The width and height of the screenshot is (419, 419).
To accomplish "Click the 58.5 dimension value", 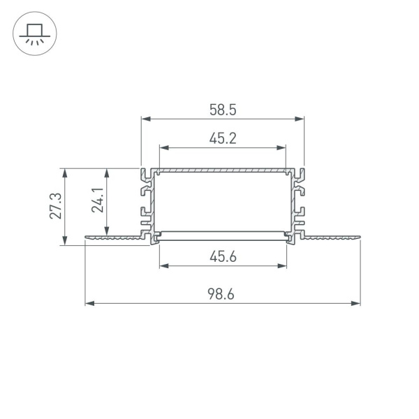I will (x=223, y=109).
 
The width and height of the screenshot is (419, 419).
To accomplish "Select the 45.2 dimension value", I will (x=223, y=138).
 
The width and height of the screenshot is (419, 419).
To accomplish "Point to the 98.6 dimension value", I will (x=223, y=295).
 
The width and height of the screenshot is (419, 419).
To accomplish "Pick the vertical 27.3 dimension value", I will (x=57, y=206).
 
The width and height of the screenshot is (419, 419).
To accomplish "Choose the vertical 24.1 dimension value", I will (x=98, y=201).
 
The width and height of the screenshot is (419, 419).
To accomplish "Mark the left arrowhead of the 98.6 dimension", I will (x=89, y=304).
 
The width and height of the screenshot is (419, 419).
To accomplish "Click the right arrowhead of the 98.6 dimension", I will (x=357, y=304).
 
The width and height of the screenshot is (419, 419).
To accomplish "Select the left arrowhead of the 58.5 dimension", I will (x=145, y=119).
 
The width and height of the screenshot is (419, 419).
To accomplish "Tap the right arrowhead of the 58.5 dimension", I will (x=301, y=119).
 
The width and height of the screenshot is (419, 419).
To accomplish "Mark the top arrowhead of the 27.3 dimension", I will (x=65, y=172).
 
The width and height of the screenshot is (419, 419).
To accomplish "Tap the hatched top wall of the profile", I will (x=223, y=170).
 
